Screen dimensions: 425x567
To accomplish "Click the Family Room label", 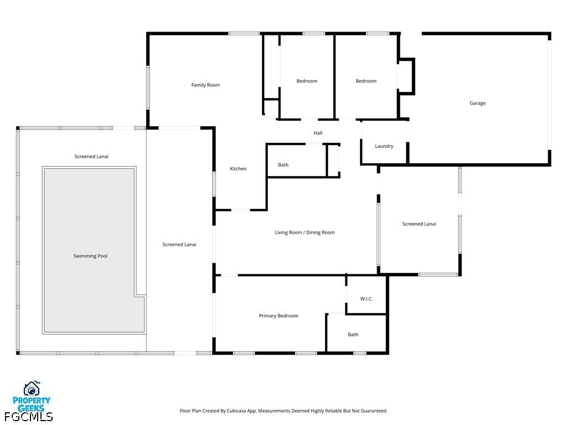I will (x=205, y=85).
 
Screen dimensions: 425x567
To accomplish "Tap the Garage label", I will (x=477, y=103).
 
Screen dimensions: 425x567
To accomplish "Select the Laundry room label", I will (x=384, y=147).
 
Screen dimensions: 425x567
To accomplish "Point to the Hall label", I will (x=318, y=133).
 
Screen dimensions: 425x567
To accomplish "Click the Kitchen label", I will (x=238, y=169).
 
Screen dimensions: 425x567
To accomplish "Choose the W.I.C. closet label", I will (x=366, y=299).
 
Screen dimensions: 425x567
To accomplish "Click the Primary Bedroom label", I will (x=279, y=316).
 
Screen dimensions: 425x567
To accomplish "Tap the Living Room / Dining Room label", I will (x=305, y=233).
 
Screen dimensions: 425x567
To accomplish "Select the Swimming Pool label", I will (x=90, y=256).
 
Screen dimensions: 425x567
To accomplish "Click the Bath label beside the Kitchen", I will (x=283, y=165).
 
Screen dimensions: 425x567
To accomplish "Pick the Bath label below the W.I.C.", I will (x=353, y=335).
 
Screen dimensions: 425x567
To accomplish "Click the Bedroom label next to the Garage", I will (x=365, y=81).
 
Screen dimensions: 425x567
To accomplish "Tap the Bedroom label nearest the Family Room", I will (x=307, y=81).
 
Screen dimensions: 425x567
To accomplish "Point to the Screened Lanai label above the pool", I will (x=91, y=157).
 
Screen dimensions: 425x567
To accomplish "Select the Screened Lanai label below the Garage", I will (x=419, y=224).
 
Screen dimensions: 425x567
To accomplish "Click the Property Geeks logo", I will (x=32, y=395).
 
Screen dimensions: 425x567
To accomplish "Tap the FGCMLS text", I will (x=28, y=416).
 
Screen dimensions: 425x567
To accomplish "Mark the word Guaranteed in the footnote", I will (x=373, y=411).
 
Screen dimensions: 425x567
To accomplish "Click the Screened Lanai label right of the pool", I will (x=179, y=245).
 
